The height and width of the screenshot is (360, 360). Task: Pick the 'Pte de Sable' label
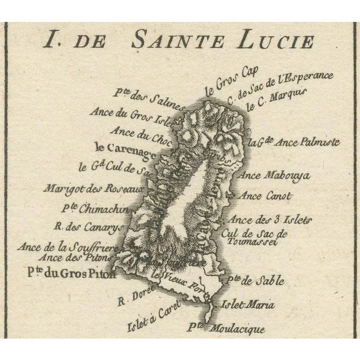pos(252,280)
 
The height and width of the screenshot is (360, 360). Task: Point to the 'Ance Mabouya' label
pos(267,174)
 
